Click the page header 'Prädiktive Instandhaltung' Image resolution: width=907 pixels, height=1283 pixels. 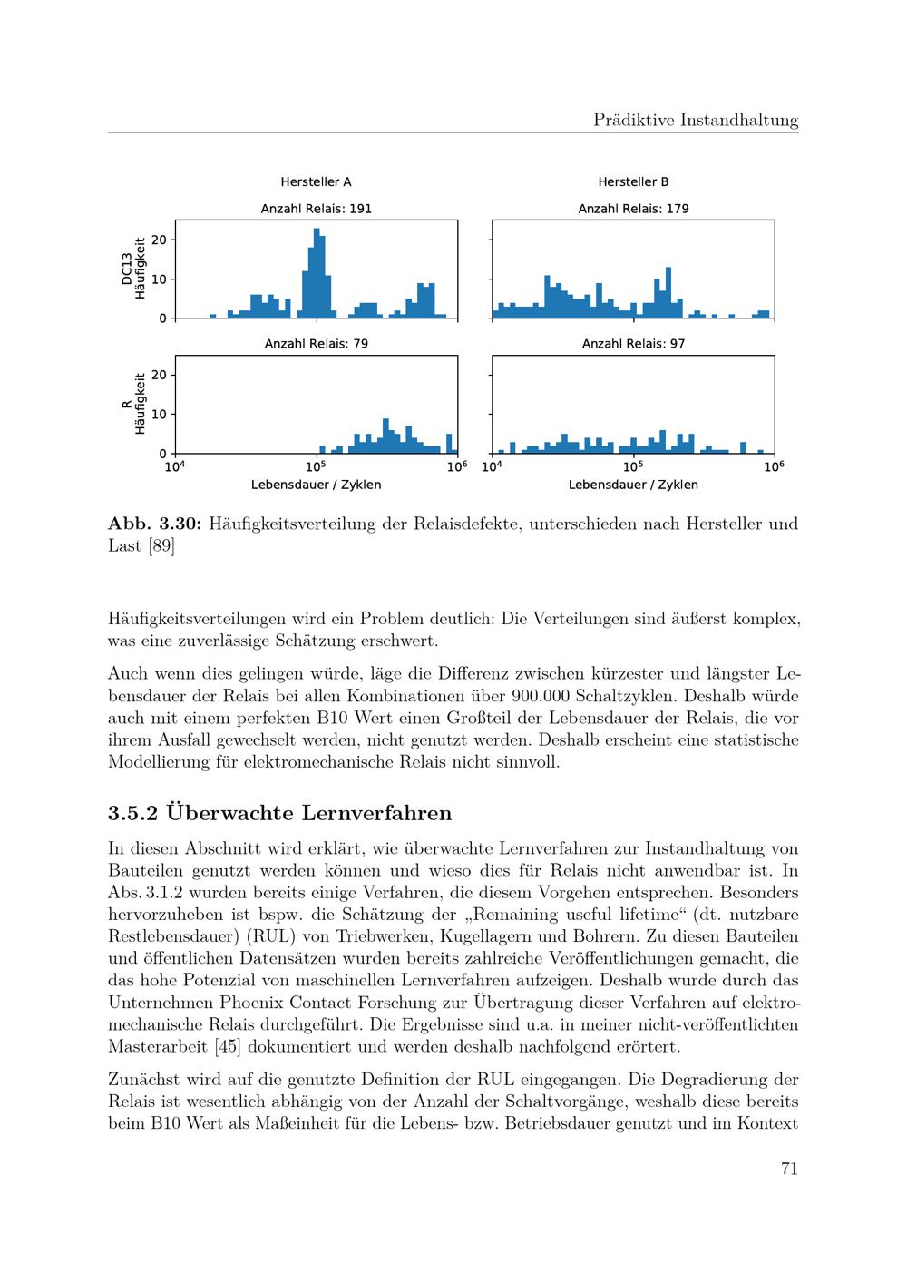[x=696, y=120]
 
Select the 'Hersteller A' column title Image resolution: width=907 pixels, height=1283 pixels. [x=316, y=181]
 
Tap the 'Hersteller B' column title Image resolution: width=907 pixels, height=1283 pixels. [x=633, y=181]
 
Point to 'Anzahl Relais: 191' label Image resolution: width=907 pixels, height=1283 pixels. [x=316, y=209]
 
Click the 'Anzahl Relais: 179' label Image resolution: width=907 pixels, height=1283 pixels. [x=633, y=209]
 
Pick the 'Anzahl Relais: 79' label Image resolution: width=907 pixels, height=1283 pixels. [x=316, y=344]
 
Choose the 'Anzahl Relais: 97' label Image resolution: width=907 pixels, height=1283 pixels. [x=633, y=344]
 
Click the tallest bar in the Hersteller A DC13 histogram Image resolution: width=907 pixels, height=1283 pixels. [x=317, y=272]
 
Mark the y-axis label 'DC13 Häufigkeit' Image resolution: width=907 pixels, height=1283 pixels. [x=133, y=269]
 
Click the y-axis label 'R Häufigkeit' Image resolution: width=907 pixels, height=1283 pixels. [x=133, y=404]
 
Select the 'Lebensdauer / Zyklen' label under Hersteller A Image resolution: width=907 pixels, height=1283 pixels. [x=316, y=485]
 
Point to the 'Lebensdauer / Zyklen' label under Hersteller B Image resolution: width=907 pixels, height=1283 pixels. [x=633, y=485]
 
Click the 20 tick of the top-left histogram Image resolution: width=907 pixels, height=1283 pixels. [x=160, y=240]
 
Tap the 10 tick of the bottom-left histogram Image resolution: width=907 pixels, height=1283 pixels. [x=160, y=414]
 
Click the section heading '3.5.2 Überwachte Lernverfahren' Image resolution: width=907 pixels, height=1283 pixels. [x=279, y=812]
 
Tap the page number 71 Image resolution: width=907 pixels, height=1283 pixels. [x=789, y=1169]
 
